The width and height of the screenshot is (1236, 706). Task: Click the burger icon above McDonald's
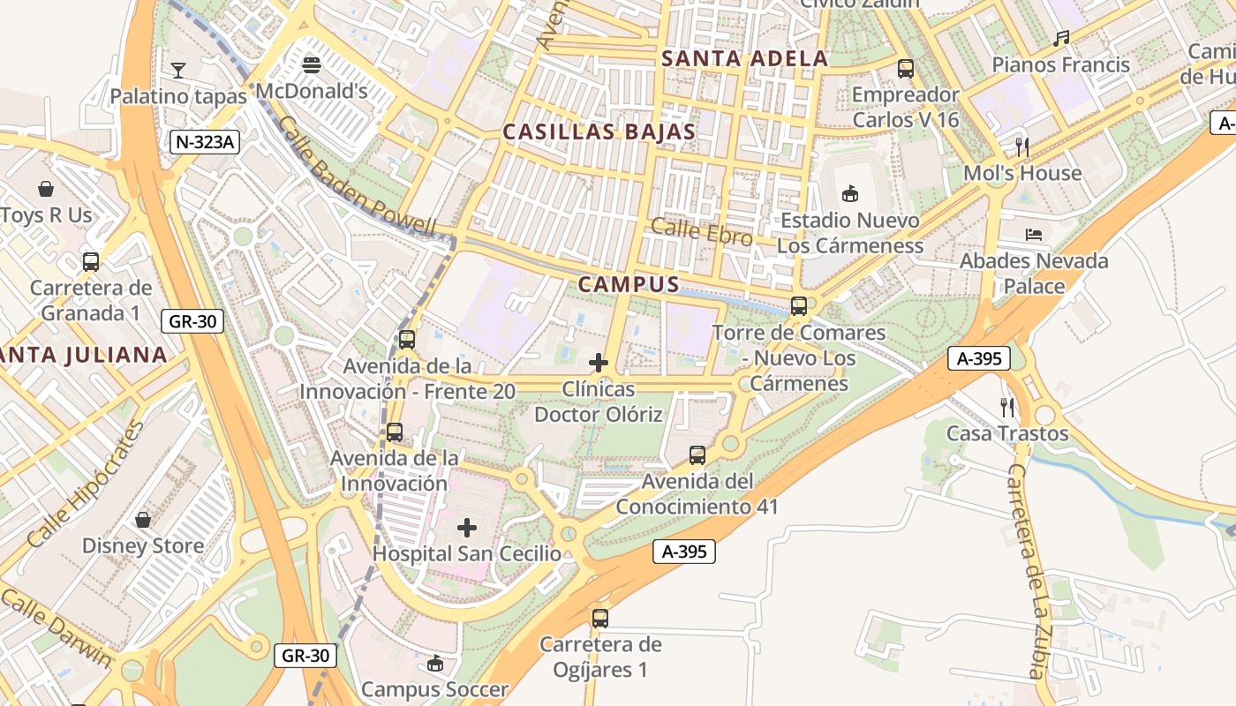[x=311, y=64]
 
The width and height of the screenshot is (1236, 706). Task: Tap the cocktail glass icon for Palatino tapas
[x=178, y=70]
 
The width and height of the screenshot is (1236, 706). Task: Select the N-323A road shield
[x=206, y=141]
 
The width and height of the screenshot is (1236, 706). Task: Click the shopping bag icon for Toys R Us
[x=46, y=189]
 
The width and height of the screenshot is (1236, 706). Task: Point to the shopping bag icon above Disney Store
[x=142, y=520]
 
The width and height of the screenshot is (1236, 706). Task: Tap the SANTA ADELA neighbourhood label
[x=745, y=59]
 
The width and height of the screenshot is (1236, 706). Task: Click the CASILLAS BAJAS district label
[x=599, y=132]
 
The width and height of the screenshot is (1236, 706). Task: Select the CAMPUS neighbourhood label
[x=629, y=284]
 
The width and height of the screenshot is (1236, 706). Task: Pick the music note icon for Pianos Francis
[x=1061, y=39]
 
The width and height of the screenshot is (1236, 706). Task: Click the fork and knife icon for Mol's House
[x=1022, y=146]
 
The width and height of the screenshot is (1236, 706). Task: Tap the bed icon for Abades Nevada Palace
[x=1034, y=235]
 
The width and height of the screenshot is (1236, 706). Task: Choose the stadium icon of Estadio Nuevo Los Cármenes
[x=850, y=193]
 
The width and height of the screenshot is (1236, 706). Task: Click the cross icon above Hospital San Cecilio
[x=467, y=528]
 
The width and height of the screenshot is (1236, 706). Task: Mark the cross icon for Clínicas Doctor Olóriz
[x=599, y=363]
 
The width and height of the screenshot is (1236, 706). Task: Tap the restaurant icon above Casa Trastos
[x=1007, y=407]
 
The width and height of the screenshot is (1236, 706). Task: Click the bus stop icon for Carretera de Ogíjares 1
[x=600, y=618]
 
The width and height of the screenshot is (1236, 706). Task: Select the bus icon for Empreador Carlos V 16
[x=905, y=68]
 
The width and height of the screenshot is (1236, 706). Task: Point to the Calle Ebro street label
[x=702, y=232]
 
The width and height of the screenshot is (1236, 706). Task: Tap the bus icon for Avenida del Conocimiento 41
[x=697, y=455]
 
